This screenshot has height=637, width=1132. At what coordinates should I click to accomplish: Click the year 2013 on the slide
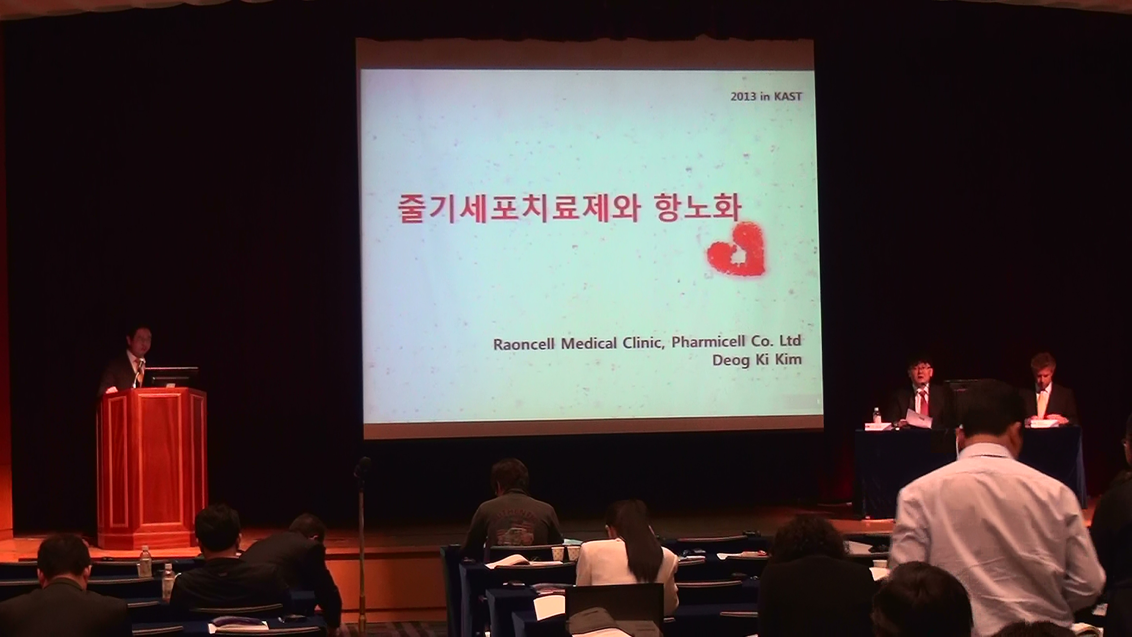pos(743,97)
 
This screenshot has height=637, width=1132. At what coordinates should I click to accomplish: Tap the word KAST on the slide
pos(788,96)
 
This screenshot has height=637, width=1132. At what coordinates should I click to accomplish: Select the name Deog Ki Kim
pos(757,360)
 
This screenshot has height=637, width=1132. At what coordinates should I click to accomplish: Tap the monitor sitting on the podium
pos(172,377)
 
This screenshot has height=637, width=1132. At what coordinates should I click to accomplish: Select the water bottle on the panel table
pos(876,415)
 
